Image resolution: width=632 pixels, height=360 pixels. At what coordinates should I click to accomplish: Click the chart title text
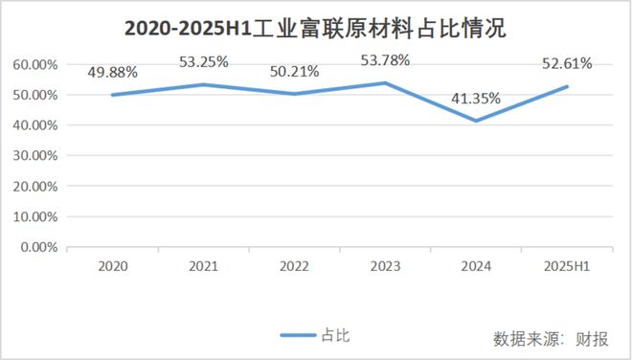point(315,30)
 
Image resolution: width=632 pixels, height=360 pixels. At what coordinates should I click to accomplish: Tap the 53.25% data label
point(203,62)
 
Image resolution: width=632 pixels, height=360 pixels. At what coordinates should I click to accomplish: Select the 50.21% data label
point(293,72)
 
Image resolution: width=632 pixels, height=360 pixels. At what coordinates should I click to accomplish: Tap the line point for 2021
point(204,84)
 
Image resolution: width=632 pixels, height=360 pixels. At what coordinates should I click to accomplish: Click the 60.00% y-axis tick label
point(34,64)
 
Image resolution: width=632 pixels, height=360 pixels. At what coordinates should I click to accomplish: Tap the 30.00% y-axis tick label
point(34,155)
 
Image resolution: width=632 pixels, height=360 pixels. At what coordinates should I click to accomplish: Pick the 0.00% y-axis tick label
point(37,247)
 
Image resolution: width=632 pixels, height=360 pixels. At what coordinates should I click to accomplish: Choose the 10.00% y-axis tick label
point(34,216)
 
